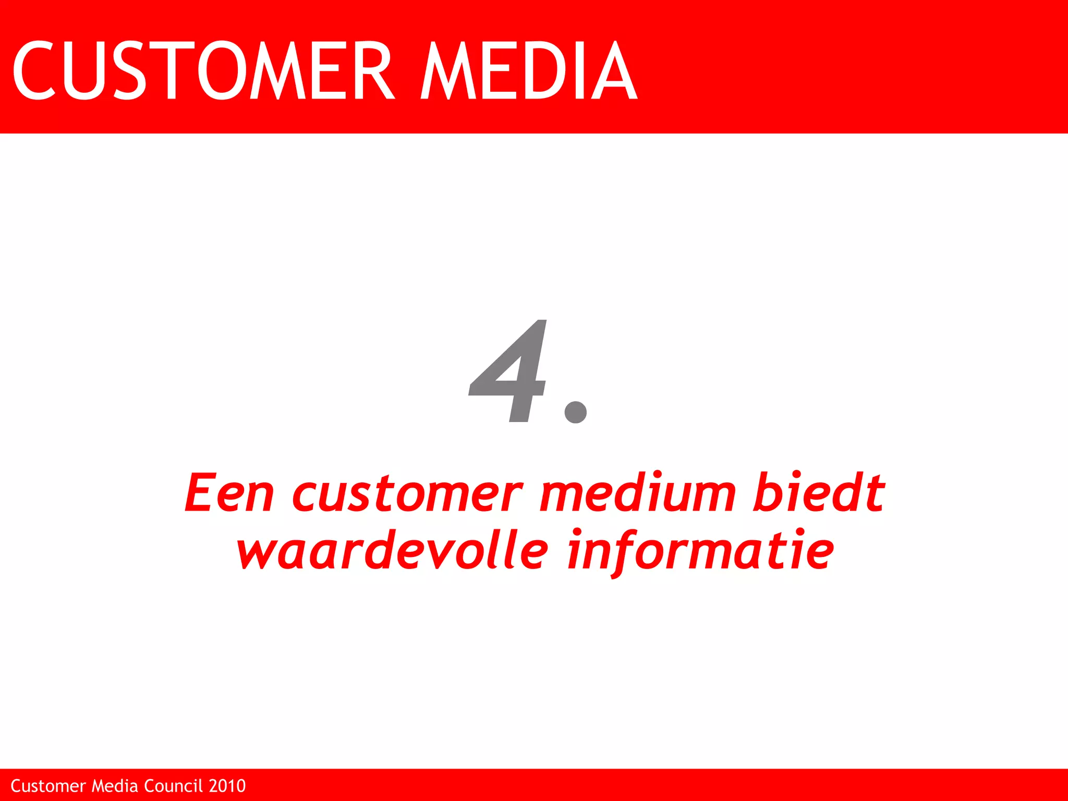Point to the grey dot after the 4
point(576,411)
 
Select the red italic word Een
point(229,493)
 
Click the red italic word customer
point(407,494)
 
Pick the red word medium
point(637,493)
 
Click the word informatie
point(701,552)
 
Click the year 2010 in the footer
point(227,786)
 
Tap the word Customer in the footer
point(48,786)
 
